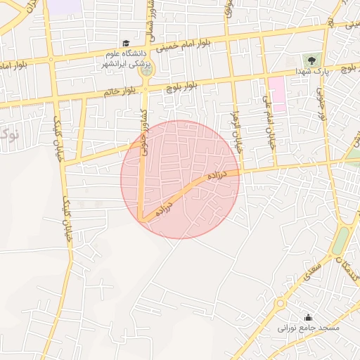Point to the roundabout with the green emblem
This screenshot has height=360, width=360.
[146, 70]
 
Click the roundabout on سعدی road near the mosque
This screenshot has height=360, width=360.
[281, 304]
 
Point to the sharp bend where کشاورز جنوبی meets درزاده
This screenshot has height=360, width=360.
[143, 217]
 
